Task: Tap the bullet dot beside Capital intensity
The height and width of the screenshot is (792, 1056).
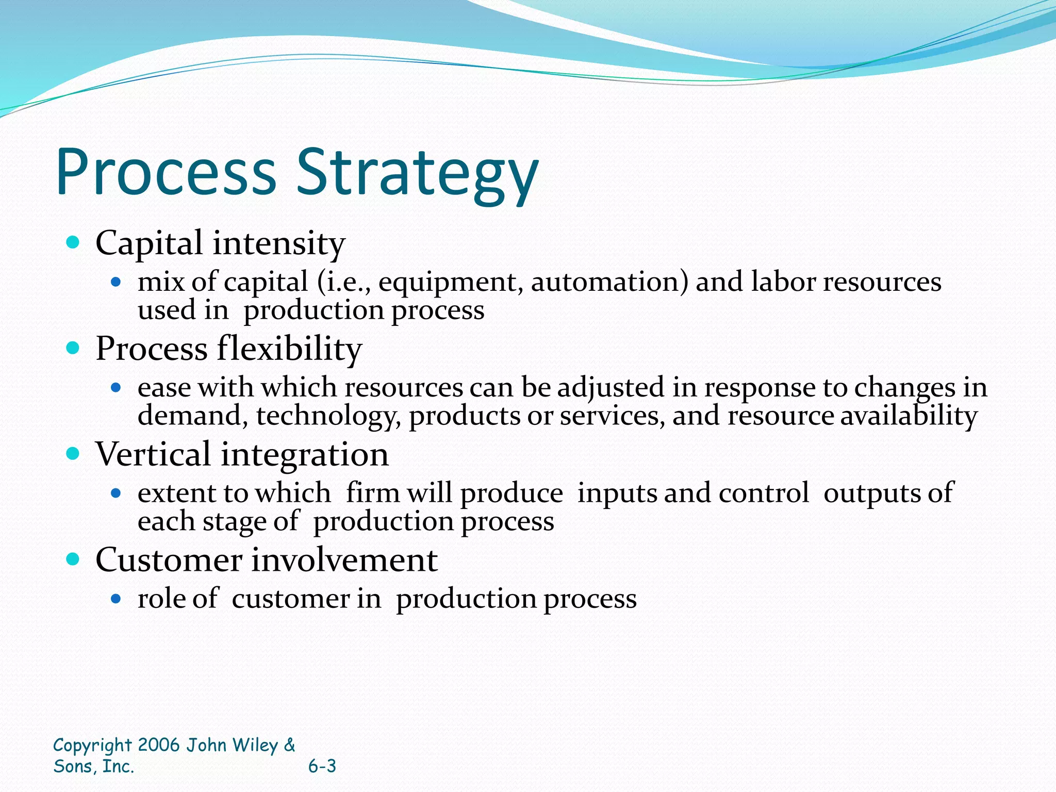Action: (x=73, y=242)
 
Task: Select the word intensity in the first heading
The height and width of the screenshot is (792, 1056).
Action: (x=278, y=243)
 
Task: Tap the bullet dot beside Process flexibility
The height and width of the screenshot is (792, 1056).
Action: (x=73, y=348)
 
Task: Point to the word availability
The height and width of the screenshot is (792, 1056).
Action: (x=909, y=416)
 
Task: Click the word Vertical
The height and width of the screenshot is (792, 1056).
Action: (x=153, y=454)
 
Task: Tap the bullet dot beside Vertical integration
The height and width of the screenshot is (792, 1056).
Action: (x=73, y=454)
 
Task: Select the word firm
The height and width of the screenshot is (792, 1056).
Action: (x=372, y=492)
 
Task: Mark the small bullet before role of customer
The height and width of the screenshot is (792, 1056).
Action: (x=116, y=599)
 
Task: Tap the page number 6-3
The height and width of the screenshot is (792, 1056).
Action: (x=322, y=766)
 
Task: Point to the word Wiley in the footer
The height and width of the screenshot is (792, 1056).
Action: (x=255, y=745)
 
